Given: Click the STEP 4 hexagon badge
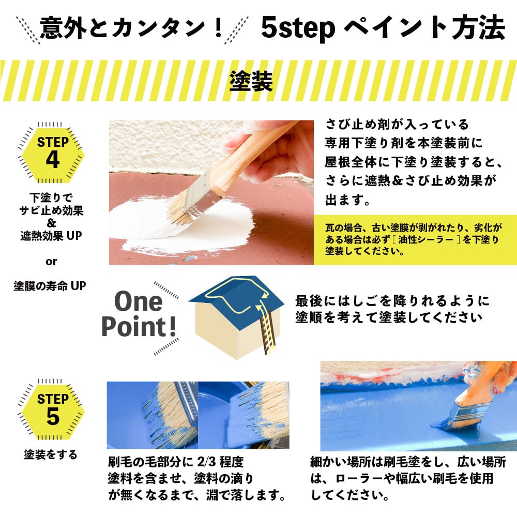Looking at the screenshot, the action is pos(52,154).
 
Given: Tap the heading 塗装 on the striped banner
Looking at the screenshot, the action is pos(251,81).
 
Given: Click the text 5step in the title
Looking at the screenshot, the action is pos(298,28).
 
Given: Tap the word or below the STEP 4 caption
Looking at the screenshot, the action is pos(51,262).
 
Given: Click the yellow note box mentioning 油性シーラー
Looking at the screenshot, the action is pos(415,240).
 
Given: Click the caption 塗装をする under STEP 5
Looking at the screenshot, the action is pos(51,454).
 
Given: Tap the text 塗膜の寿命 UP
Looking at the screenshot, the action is pos(50,285).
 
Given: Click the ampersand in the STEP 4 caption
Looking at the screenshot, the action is pos(51,223).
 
